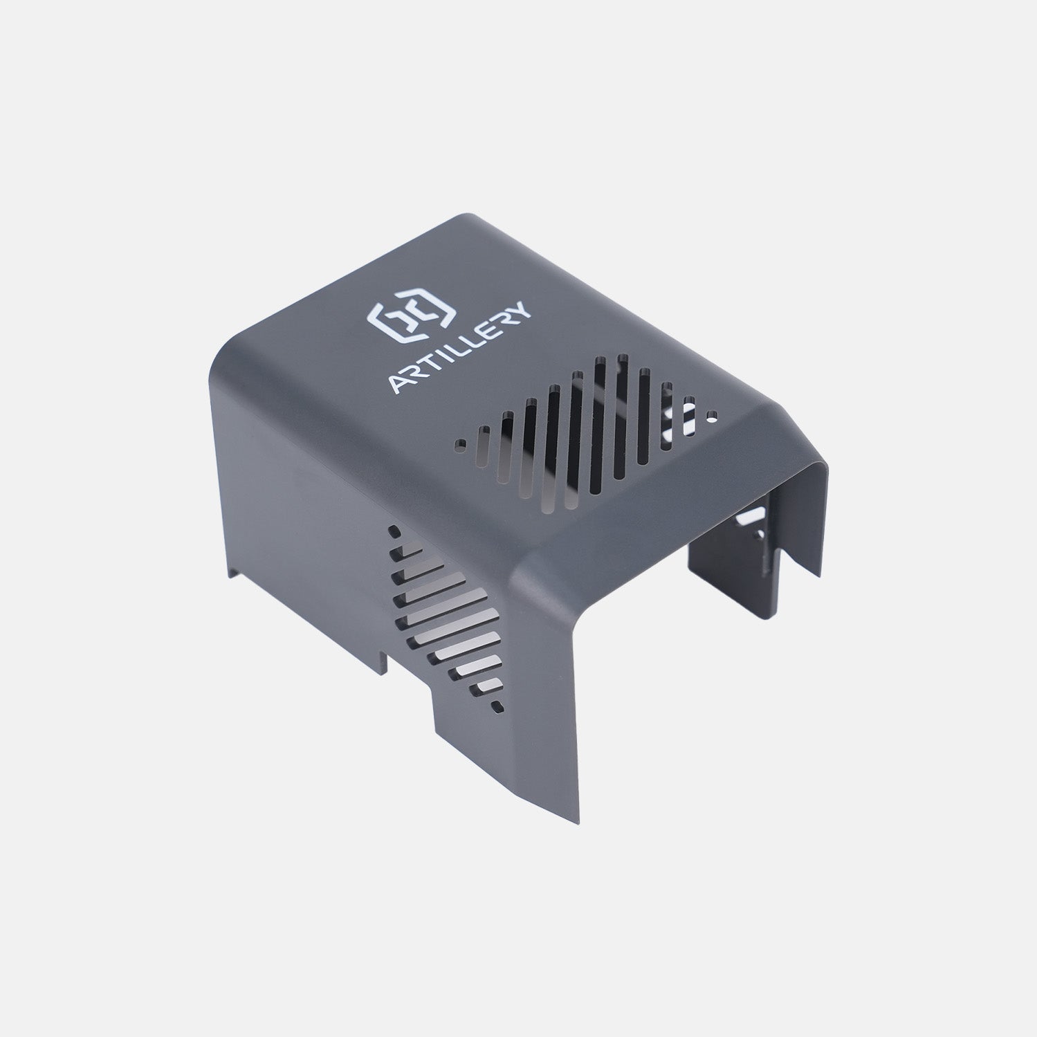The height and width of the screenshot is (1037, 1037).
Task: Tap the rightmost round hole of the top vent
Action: click(713, 416)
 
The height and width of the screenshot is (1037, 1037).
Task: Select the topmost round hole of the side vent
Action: click(394, 532)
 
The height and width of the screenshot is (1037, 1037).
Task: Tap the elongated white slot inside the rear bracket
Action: click(751, 515)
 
